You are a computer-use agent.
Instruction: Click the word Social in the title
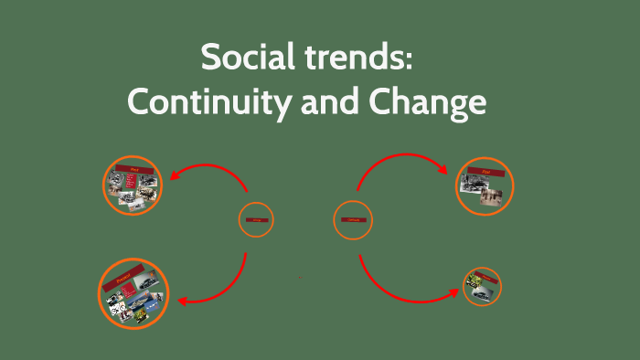click(245, 60)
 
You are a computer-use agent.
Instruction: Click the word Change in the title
click(430, 102)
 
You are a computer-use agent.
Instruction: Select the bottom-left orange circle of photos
click(133, 293)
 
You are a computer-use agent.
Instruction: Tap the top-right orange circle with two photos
click(485, 186)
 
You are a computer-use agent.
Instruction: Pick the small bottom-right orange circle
click(482, 286)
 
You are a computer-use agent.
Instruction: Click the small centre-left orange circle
click(257, 219)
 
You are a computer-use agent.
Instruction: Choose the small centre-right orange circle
click(353, 219)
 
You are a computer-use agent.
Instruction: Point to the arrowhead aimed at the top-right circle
click(443, 170)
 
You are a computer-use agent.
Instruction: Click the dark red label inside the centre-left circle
click(257, 220)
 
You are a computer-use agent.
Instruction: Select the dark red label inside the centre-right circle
click(353, 219)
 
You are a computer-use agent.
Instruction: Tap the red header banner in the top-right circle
click(485, 170)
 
